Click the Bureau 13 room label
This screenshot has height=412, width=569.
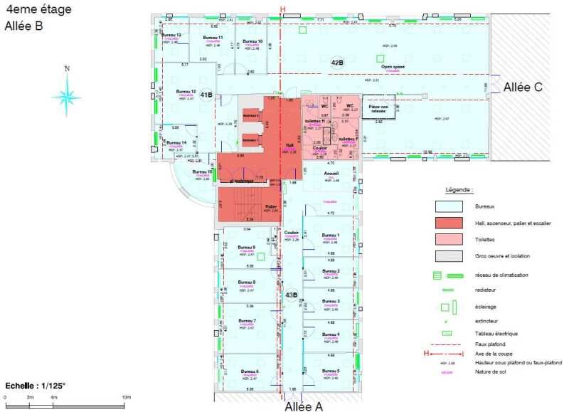[x=171, y=35]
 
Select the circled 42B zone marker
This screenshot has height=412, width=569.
[x=337, y=63]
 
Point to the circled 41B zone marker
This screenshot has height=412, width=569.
[x=207, y=95]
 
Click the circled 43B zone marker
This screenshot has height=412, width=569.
[x=291, y=294]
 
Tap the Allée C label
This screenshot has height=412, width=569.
[x=523, y=87]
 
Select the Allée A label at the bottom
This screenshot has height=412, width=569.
[x=304, y=406]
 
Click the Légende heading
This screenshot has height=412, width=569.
[x=459, y=190]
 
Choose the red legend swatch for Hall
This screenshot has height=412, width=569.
[x=446, y=223]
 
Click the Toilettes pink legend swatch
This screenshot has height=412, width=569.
[x=446, y=239]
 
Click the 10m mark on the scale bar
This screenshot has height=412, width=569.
[x=126, y=396]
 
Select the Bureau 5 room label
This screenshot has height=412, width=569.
[x=330, y=371]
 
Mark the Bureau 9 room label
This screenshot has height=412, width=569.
[x=246, y=247]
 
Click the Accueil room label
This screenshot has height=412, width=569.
[x=330, y=173]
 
